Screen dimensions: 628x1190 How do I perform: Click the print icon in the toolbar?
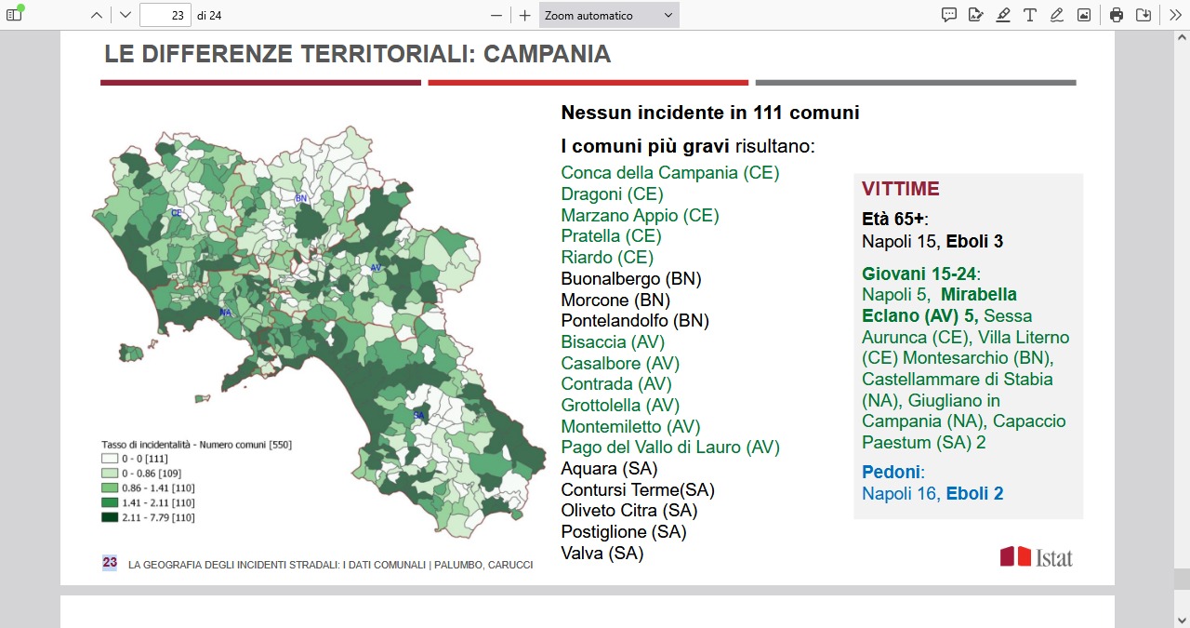pyautogui.click(x=1117, y=15)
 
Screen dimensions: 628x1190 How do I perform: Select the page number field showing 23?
pyautogui.click(x=165, y=15)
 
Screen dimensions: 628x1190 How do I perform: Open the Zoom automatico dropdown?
pyautogui.click(x=609, y=15)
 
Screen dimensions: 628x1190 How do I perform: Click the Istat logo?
pyautogui.click(x=1036, y=556)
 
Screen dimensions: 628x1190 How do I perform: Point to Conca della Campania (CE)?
pyautogui.click(x=669, y=173)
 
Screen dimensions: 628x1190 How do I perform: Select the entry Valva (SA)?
pyautogui.click(x=602, y=554)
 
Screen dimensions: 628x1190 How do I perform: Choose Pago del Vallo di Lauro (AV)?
pyautogui.click(x=669, y=448)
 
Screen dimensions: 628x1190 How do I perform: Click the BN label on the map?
pyautogui.click(x=300, y=198)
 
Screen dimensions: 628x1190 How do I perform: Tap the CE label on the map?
pyautogui.click(x=176, y=213)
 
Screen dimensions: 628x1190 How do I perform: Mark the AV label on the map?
pyautogui.click(x=376, y=268)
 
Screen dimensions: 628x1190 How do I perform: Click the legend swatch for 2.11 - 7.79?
pyautogui.click(x=110, y=517)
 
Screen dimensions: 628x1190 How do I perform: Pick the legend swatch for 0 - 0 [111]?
pyautogui.click(x=110, y=458)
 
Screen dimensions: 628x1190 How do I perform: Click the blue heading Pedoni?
pyautogui.click(x=891, y=472)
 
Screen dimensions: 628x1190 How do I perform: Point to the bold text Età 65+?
pyautogui.click(x=893, y=220)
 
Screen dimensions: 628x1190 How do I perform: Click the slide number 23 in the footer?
pyautogui.click(x=110, y=563)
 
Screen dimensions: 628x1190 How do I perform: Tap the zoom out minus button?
pyautogui.click(x=496, y=15)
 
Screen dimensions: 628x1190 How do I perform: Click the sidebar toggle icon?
pyautogui.click(x=14, y=15)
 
